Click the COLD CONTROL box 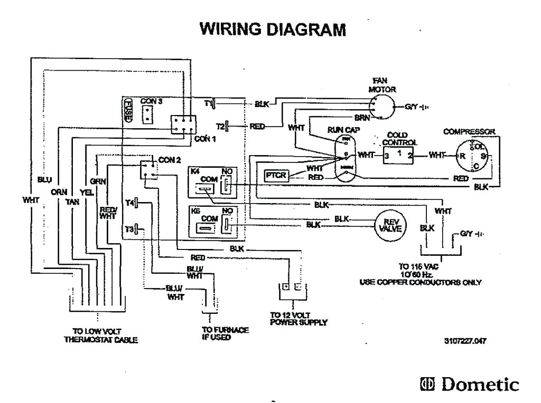pos(398,155)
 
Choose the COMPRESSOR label pos(469,131)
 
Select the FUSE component pos(128,111)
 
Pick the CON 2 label pos(170,159)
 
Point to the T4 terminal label pos(129,203)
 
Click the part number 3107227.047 pos(466,341)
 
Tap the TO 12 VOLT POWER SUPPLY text pos(291,318)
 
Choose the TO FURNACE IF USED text pos(225,333)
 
